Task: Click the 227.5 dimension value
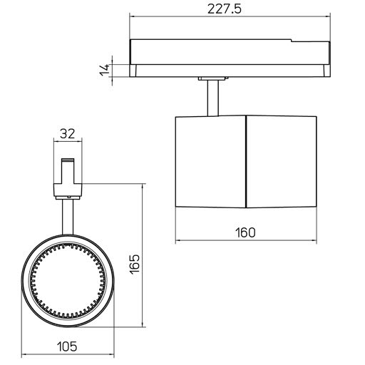[225, 9]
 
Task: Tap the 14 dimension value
[104, 70]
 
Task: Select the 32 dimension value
[67, 133]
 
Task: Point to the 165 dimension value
[135, 264]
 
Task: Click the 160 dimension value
[245, 232]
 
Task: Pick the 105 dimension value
[67, 346]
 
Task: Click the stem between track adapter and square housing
[213, 98]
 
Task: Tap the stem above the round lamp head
[68, 217]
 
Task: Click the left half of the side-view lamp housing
[210, 162]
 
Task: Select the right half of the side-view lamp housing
[282, 162]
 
